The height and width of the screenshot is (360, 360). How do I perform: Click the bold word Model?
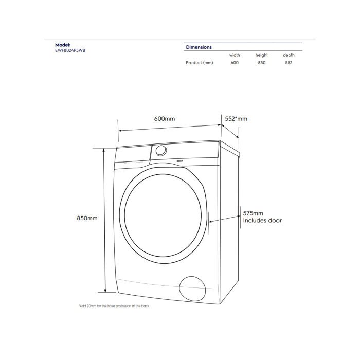click(x=63, y=45)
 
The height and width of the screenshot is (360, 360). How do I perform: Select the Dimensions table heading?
click(x=199, y=47)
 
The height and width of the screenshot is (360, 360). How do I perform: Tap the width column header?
click(x=235, y=55)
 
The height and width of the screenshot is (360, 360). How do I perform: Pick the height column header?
click(x=262, y=55)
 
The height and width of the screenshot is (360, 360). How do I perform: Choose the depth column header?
click(x=289, y=55)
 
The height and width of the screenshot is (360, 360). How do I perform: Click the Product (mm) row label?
click(x=199, y=63)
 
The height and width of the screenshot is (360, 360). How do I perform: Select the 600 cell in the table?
click(x=235, y=63)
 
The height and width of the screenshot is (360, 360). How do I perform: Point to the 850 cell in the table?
click(x=262, y=63)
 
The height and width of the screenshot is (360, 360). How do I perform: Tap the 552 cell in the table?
click(x=289, y=63)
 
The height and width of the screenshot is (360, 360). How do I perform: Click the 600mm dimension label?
click(x=165, y=119)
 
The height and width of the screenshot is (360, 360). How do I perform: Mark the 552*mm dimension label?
click(x=236, y=119)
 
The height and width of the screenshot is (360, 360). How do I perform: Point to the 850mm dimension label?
click(x=87, y=218)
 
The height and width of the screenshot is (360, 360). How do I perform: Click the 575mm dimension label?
click(x=253, y=213)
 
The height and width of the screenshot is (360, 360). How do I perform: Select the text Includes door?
click(x=262, y=221)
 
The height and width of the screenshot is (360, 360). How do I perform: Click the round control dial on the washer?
click(x=161, y=150)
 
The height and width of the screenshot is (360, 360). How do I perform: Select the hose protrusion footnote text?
click(x=114, y=305)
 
